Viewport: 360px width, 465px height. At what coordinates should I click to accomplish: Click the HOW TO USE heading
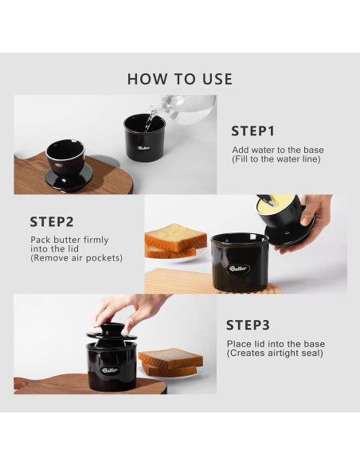pyautogui.click(x=180, y=79)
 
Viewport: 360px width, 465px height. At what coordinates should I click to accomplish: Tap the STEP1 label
pyautogui.click(x=253, y=131)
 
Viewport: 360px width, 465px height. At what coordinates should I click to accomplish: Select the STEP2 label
pyautogui.click(x=52, y=222)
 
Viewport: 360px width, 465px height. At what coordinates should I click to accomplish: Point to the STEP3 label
pyautogui.click(x=248, y=325)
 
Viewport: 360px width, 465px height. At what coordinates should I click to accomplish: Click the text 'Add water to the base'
pyautogui.click(x=278, y=150)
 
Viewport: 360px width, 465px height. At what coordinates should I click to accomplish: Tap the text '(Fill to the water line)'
pyautogui.click(x=276, y=159)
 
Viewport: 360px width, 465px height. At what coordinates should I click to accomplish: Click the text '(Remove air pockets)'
pyautogui.click(x=76, y=258)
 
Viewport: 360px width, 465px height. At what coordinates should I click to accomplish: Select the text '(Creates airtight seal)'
pyautogui.click(x=275, y=354)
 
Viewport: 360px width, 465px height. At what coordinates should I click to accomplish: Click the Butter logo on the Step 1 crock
pyautogui.click(x=144, y=148)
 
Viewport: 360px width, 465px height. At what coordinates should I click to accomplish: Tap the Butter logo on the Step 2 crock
pyautogui.click(x=238, y=268)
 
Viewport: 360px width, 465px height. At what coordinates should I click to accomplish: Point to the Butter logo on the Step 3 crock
pyautogui.click(x=109, y=370)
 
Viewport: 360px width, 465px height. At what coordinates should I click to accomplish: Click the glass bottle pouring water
pyautogui.click(x=184, y=107)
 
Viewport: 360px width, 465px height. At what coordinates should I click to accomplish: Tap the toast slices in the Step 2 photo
pyautogui.click(x=175, y=241)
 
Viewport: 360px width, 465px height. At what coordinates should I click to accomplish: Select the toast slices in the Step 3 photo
pyautogui.click(x=170, y=363)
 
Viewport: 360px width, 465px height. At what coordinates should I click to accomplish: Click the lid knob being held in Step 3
pyautogui.click(x=112, y=331)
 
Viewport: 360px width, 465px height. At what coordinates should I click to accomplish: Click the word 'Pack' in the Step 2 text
pyautogui.click(x=41, y=240)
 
